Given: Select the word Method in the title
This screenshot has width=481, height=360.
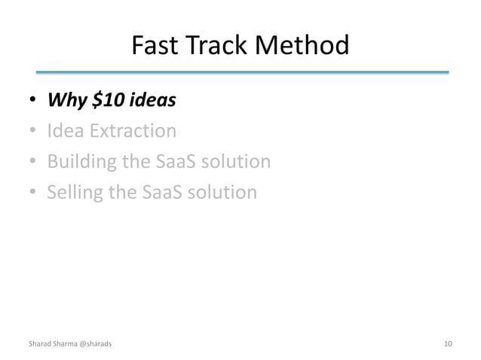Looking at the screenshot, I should (303, 47).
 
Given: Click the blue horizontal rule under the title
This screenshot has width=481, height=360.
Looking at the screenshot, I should (240, 73).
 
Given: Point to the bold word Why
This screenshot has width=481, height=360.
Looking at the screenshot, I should (66, 101).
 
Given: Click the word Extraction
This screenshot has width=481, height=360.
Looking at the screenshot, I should (133, 132).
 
